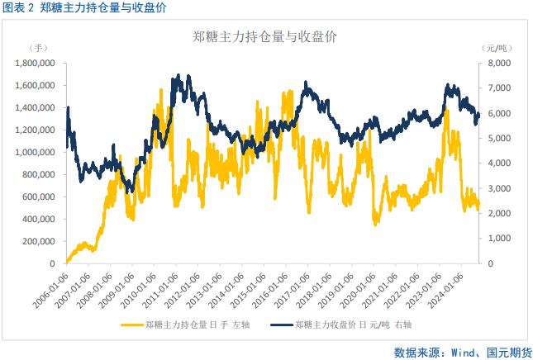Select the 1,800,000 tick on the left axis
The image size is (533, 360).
point(36,63)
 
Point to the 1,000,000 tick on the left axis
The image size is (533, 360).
point(36,152)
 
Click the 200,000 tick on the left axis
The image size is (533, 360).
point(40,241)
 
